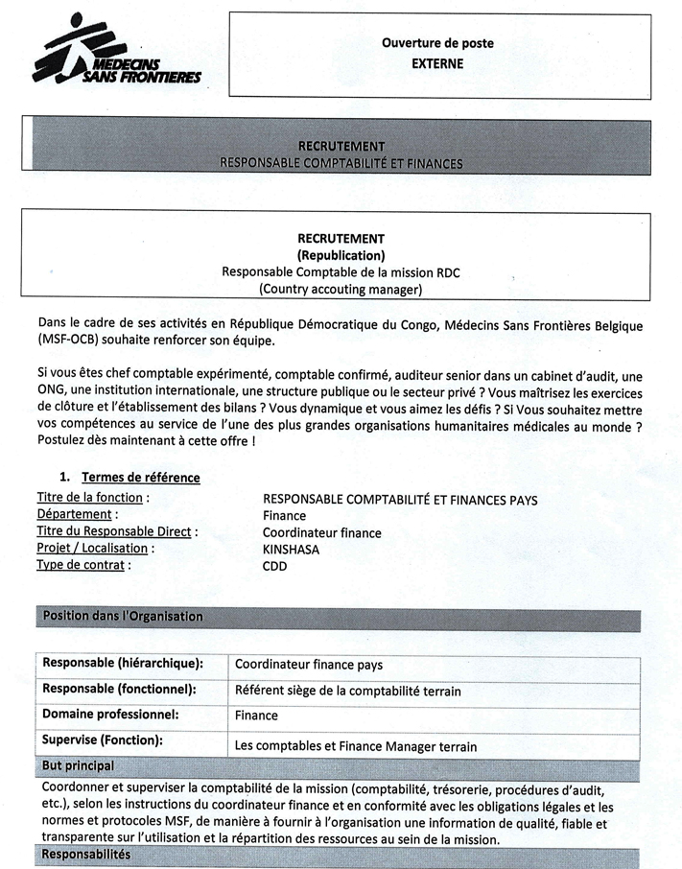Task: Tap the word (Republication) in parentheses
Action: point(341,255)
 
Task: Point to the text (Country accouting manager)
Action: point(341,289)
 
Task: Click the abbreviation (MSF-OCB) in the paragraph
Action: point(72,341)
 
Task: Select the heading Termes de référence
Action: point(141,478)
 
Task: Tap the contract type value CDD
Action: point(275,566)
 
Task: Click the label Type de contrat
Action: point(83,565)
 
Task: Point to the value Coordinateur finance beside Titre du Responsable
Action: point(321,532)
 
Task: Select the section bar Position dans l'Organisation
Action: point(123,616)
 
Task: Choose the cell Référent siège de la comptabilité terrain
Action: point(347,690)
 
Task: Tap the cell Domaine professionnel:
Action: point(110,715)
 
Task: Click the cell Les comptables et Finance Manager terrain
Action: point(356,746)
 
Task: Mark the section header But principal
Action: point(78,766)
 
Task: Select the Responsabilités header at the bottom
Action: point(86,855)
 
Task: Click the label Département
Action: point(77,515)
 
